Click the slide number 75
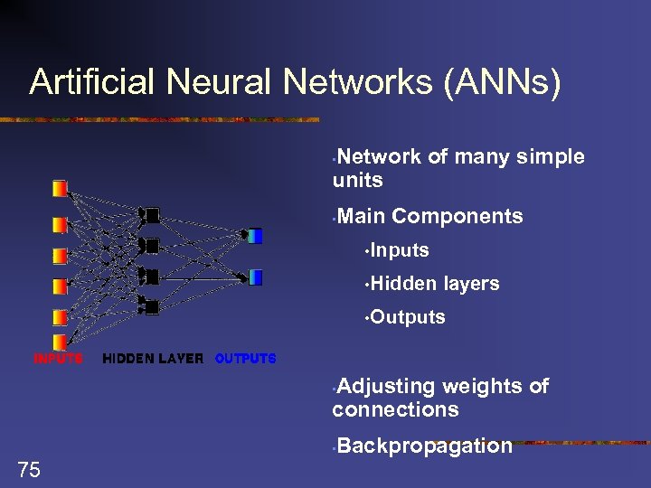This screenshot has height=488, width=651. pyautogui.click(x=29, y=468)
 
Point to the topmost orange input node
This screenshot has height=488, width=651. pyautogui.click(x=60, y=188)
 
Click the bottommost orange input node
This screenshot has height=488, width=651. pyautogui.click(x=60, y=341)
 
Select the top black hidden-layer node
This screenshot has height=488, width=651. pyautogui.click(x=151, y=215)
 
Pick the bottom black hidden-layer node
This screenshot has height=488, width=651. pyautogui.click(x=151, y=307)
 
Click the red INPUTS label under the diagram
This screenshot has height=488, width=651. pyautogui.click(x=59, y=359)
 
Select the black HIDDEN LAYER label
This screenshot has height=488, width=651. pyautogui.click(x=153, y=359)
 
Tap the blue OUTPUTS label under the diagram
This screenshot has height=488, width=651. pyautogui.click(x=245, y=359)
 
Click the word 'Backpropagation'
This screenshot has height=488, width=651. pyautogui.click(x=424, y=446)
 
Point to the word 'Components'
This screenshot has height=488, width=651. pyautogui.click(x=458, y=216)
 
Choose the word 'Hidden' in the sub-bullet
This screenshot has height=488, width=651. pyautogui.click(x=403, y=284)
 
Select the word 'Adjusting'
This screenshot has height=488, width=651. pyautogui.click(x=385, y=387)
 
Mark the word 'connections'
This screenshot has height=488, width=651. pyautogui.click(x=395, y=409)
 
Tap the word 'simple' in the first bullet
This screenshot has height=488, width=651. pyautogui.click(x=551, y=157)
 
